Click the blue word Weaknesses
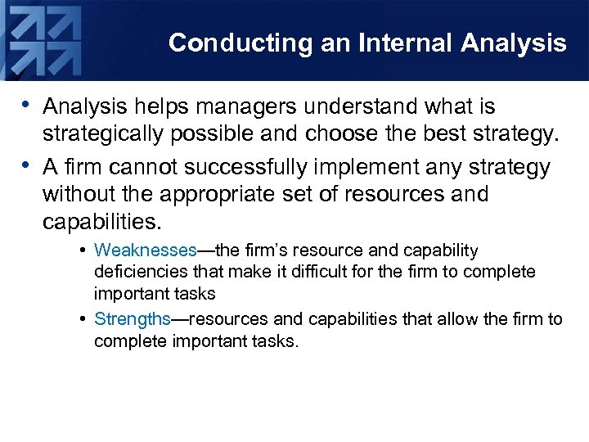pyautogui.click(x=146, y=250)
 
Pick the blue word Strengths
pyautogui.click(x=132, y=319)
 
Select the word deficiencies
pyautogui.click(x=135, y=272)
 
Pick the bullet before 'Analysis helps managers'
pyautogui.click(x=29, y=106)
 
